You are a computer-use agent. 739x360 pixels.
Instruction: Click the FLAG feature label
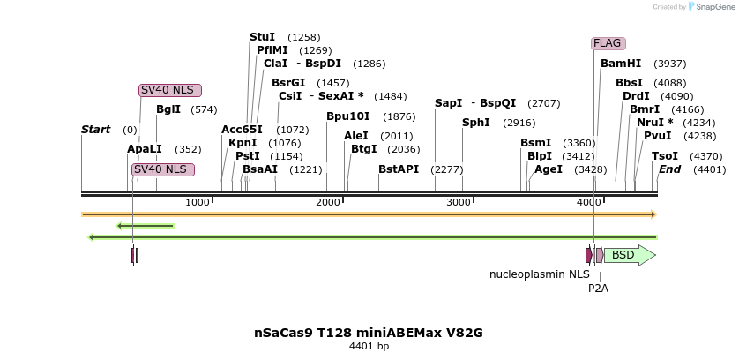tap(608, 43)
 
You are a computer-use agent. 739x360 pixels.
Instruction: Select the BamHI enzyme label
tap(621, 64)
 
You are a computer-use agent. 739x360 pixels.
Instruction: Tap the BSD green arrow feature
tap(629, 255)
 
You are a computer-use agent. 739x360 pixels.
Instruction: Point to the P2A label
tap(598, 288)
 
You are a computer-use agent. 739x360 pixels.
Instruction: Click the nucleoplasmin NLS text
tap(539, 274)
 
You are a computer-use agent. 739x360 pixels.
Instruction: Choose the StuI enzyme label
tap(262, 37)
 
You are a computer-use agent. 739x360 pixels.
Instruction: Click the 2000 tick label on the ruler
tap(327, 202)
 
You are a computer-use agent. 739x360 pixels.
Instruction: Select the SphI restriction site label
tap(475, 123)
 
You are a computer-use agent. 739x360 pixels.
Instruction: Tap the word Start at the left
tap(95, 130)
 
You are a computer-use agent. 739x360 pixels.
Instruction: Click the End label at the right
tap(669, 169)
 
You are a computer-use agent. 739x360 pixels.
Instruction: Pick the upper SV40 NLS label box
tap(170, 90)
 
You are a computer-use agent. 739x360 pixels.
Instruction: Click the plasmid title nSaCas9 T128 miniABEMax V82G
tap(369, 333)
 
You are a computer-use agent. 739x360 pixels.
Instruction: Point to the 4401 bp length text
tap(369, 346)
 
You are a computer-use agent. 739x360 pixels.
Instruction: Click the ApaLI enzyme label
tap(145, 149)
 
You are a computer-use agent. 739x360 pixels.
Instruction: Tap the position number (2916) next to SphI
tap(519, 123)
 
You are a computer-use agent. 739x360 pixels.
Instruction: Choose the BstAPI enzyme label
tap(399, 169)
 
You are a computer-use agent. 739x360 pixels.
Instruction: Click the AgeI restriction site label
tap(548, 169)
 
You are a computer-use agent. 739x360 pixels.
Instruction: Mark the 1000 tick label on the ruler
tap(198, 202)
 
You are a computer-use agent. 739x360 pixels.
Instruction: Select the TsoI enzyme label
tap(664, 155)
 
